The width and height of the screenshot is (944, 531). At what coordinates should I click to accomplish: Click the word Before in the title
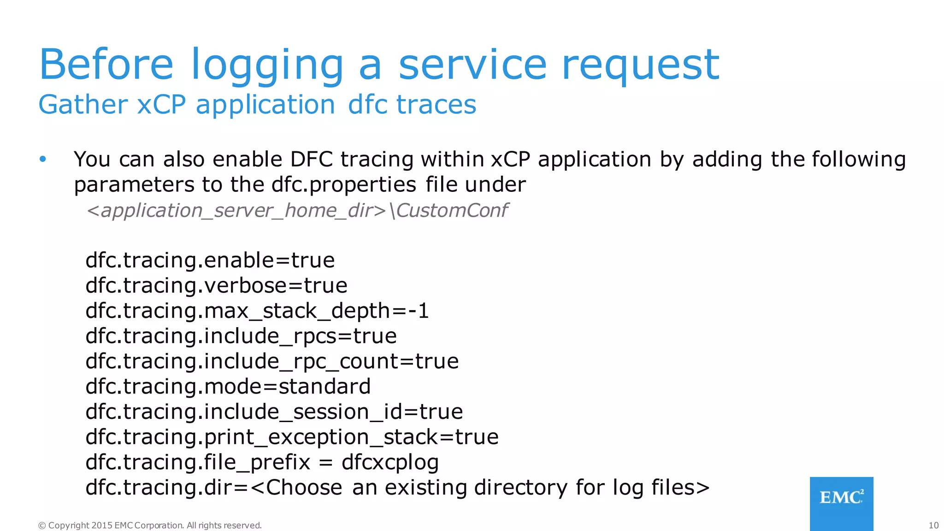point(106,65)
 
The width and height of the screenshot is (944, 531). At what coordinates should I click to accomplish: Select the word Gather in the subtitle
point(83,105)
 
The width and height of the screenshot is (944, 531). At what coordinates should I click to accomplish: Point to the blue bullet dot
point(43,160)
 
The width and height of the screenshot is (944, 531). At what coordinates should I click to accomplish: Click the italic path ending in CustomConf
point(297,210)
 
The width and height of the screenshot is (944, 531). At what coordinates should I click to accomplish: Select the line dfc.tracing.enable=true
point(210,260)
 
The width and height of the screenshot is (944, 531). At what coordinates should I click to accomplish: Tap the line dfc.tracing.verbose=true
point(216,286)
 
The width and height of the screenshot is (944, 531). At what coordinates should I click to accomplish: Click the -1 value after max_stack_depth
point(419,310)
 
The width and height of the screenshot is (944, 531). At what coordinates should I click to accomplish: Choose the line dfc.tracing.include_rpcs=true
point(241,336)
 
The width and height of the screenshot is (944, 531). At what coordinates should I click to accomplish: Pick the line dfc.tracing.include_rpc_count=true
point(272,361)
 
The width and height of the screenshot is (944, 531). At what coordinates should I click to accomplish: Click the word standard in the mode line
point(324,387)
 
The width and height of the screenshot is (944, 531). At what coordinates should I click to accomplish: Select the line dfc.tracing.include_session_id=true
point(274,412)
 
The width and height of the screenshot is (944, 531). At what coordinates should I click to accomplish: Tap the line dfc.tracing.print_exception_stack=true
point(292,437)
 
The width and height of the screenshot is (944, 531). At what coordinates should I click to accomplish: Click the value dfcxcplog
point(390,462)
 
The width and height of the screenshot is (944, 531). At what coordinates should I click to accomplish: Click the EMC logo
point(841,503)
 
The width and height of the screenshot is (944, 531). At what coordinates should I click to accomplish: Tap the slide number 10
point(933,525)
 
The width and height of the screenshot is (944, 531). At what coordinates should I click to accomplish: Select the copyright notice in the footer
point(150,525)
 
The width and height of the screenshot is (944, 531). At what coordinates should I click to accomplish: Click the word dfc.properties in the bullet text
point(344,185)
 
